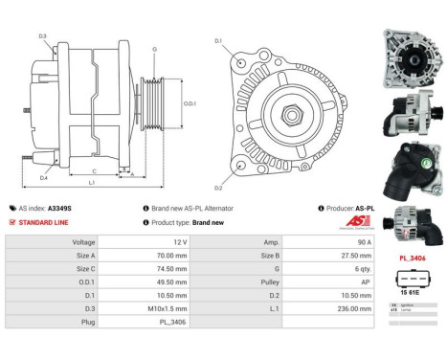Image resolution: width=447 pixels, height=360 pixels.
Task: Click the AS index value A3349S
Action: tap(59, 208)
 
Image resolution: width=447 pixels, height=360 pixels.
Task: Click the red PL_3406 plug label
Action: tap(412, 259)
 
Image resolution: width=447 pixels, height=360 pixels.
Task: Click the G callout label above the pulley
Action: tap(154, 48)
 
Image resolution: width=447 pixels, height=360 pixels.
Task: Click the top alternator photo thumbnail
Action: tap(408, 55)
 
